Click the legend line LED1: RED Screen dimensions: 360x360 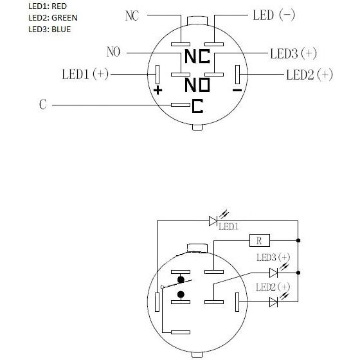(48, 6)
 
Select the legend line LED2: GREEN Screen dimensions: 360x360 (53, 18)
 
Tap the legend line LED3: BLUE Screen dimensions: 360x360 (50, 30)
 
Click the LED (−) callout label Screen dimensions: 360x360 (274, 15)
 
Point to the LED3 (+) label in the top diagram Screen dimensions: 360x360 (293, 53)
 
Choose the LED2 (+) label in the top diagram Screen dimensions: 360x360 (309, 75)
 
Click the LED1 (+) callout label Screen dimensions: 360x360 (85, 74)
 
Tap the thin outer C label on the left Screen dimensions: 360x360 (42, 104)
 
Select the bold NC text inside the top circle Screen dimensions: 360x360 (197, 57)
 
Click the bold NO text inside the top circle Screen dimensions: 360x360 (197, 85)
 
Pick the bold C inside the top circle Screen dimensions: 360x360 (197, 106)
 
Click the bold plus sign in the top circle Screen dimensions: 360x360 (157, 90)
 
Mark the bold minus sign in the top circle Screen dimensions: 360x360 (237, 90)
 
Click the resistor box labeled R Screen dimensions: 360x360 (260, 240)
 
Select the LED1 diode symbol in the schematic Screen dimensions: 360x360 (213, 221)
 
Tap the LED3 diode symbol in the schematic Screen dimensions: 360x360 (273, 273)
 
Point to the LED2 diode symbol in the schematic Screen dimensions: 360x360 (273, 302)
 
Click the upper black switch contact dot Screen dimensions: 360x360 (181, 280)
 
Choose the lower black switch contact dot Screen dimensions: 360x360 (181, 294)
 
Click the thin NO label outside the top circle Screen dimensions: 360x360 (113, 51)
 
